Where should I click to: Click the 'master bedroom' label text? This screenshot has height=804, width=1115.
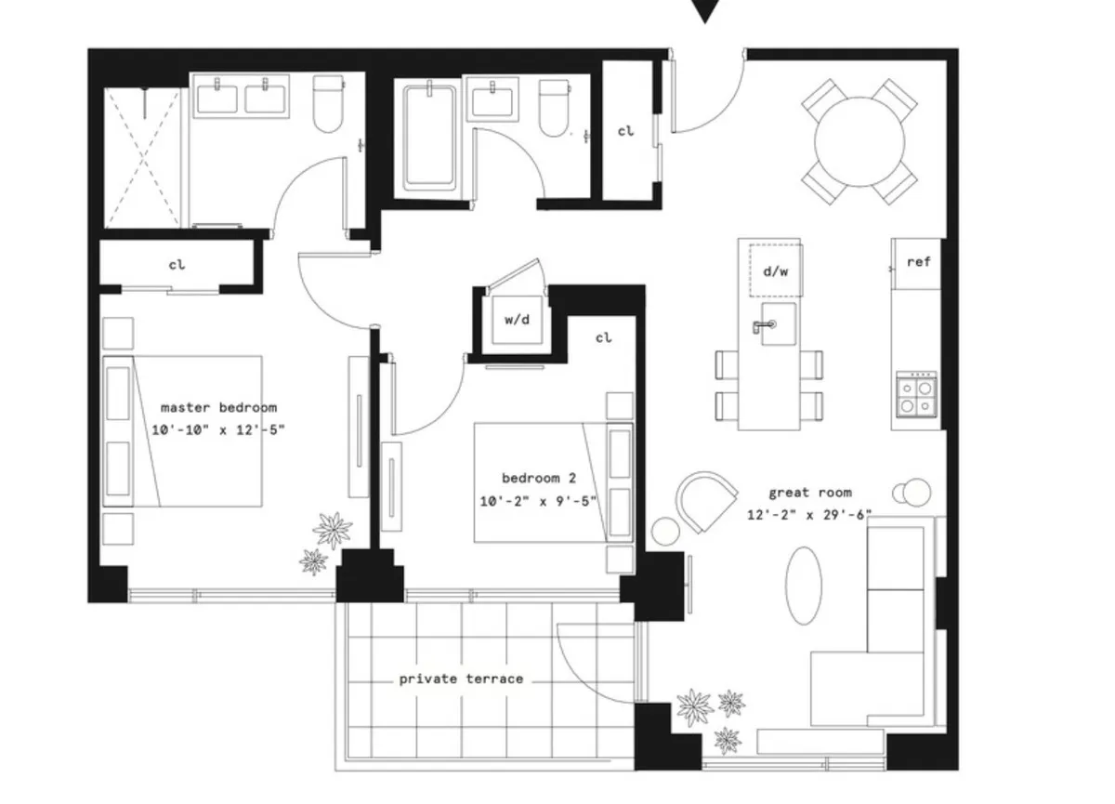pos(218,407)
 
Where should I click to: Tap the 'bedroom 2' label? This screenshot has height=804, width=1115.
pos(538,478)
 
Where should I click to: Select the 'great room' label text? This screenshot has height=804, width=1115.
pos(809,493)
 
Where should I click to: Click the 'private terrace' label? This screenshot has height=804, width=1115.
pos(461,679)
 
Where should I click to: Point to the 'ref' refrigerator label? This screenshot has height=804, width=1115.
pos(918,262)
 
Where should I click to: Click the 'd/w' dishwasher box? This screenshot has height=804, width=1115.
pos(775,270)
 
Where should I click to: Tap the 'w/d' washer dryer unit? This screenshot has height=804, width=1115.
pos(517,320)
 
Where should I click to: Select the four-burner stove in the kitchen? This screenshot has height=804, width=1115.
pos(915,394)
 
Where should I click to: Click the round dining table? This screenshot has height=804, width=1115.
pos(859,142)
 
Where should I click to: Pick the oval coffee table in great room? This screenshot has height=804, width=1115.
pos(804,585)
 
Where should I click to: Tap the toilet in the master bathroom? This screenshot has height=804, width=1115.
pos(329,106)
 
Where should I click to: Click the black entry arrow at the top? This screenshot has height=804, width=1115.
pos(706,10)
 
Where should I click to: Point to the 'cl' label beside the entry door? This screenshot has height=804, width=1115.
pos(625,131)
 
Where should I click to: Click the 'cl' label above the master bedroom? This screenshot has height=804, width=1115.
pos(177,265)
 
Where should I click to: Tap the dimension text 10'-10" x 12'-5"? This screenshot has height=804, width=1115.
pos(218,429)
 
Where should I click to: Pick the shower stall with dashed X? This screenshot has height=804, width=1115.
pos(141,158)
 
